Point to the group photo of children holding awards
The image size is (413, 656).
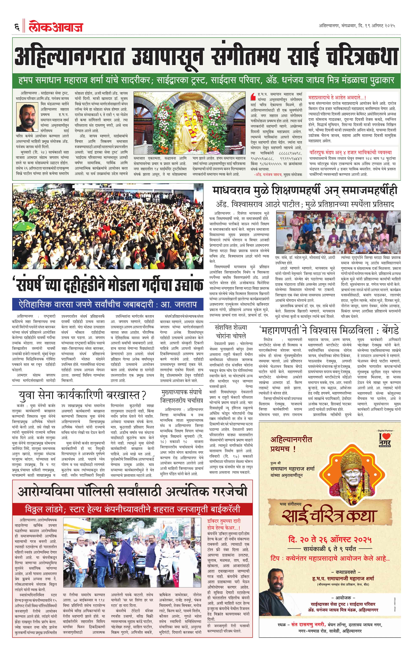click(x=338, y=232)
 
